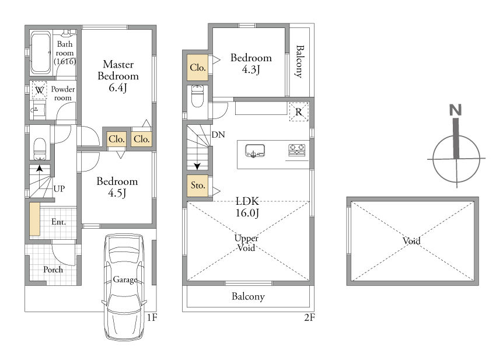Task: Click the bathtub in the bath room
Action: pos(41,53)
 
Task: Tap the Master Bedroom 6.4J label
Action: pos(118,76)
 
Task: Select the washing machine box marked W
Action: pos(40,90)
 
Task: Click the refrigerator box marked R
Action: pos(299,111)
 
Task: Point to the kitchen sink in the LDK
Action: pos(255,151)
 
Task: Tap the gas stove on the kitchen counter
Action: pos(297,150)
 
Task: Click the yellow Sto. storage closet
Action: pos(198,186)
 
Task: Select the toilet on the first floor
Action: pos(40,148)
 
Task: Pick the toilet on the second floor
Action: pos(197,96)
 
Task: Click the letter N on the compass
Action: pos(456,110)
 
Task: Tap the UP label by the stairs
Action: pos(59,188)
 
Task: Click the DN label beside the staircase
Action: pos(218,135)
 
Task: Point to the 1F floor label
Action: pos(152,317)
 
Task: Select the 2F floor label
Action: pos(310,317)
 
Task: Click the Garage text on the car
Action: pos(125,280)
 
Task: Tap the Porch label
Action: pos(53,270)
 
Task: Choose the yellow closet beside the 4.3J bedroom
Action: pos(198,67)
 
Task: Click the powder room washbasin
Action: pos(37,110)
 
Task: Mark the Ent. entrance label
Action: pos(59,222)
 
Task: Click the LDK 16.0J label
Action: pos(247,207)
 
